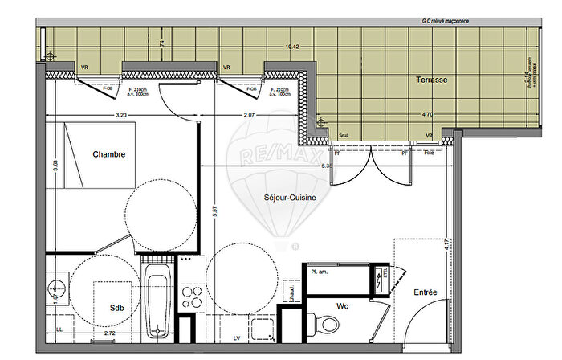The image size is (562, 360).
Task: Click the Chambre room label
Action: (108, 154)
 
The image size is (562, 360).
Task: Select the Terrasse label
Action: (431, 80)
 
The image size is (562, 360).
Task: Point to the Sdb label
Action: (118, 308)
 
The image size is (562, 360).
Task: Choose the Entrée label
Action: (426, 292)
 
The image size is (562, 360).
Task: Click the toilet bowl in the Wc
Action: (327, 326)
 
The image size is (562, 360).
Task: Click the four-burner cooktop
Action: (192, 297)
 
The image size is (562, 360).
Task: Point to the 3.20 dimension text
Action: (121, 116)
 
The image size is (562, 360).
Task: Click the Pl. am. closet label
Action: (320, 273)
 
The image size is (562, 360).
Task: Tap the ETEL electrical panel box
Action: (379, 279)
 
